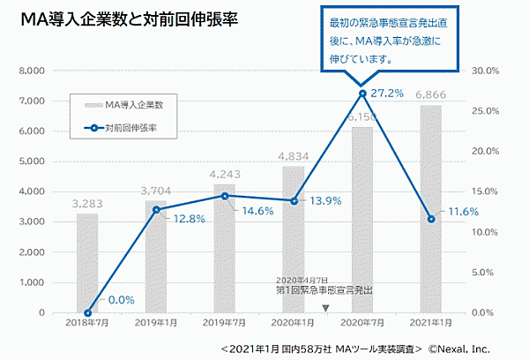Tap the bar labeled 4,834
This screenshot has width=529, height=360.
294,238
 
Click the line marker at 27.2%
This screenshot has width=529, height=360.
362,94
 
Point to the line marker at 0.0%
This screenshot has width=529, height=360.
87,312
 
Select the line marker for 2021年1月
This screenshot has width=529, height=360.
429,219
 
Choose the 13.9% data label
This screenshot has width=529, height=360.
325,201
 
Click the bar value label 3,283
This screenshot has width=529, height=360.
87,205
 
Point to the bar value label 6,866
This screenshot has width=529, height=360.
429,96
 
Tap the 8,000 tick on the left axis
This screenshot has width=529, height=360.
32,71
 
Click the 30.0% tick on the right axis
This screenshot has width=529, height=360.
488,71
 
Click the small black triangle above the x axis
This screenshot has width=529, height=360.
325,308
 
